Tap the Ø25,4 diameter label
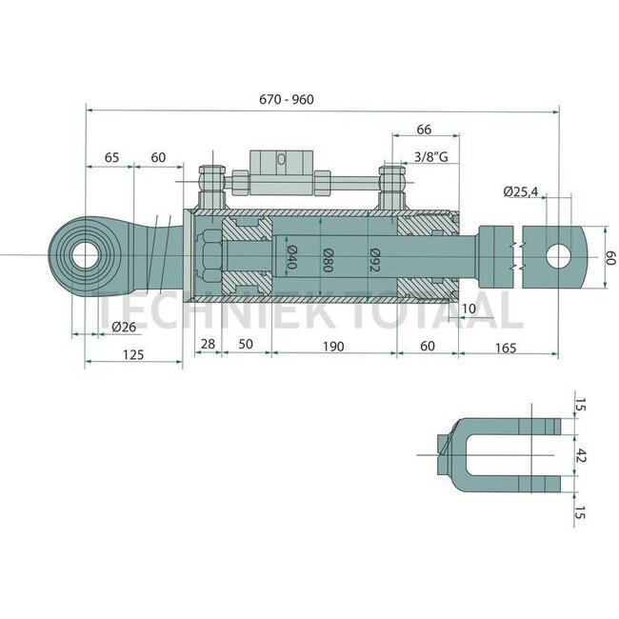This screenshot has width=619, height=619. [x=520, y=192]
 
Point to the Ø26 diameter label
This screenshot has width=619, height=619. [x=124, y=327]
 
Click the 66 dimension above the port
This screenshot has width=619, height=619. [x=425, y=129]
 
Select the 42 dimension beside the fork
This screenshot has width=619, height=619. [x=582, y=454]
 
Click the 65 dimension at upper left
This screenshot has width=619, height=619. [x=110, y=157]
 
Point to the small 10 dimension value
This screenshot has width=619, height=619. [x=468, y=309]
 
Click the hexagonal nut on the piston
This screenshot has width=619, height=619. [x=210, y=256]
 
